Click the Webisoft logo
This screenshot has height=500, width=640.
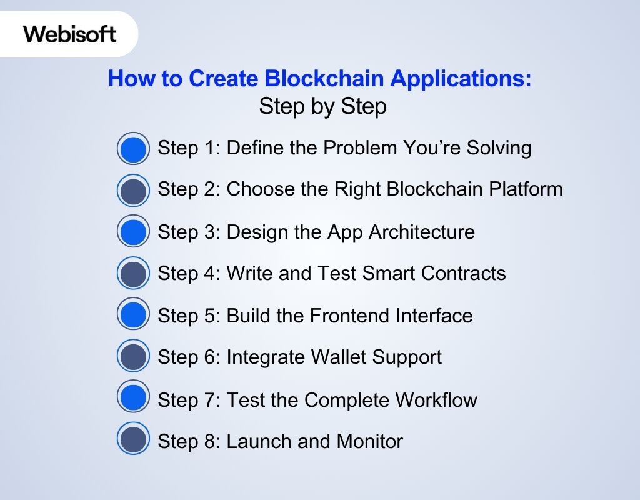tap(70, 34)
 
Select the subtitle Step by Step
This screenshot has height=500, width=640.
tap(322, 107)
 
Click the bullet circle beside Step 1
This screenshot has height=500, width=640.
tap(133, 149)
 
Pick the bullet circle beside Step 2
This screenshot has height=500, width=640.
tap(133, 191)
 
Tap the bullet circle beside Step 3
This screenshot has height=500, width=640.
tap(133, 232)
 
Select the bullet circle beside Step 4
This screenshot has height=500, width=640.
tap(133, 274)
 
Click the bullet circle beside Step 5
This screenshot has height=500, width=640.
tap(133, 316)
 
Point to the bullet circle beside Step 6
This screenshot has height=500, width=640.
tap(133, 357)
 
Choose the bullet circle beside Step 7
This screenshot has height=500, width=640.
tap(133, 398)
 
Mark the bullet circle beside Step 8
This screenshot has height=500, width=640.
tap(133, 440)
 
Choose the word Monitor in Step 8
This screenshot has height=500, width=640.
tap(369, 442)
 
